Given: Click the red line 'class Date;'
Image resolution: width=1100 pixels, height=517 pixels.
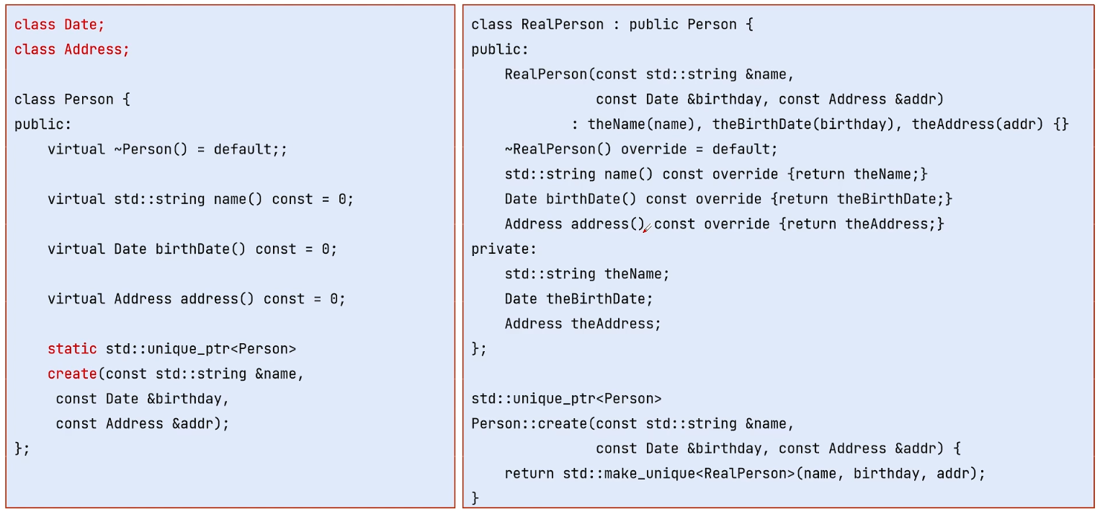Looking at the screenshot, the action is [59, 25].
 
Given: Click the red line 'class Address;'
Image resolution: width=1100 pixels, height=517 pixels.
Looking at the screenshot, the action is [72, 50].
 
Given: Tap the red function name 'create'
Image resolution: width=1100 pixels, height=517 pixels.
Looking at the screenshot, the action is [72, 374].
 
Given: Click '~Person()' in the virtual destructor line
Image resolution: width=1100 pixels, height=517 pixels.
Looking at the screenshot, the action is [151, 149].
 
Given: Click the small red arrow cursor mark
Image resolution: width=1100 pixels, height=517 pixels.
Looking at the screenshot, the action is [647, 229].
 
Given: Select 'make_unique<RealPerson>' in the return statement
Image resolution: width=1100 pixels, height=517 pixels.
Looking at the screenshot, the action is [699, 474].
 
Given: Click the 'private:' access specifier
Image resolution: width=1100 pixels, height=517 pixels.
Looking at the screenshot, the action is [504, 249].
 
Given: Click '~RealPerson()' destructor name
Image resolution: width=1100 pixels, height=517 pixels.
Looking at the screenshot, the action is [558, 149].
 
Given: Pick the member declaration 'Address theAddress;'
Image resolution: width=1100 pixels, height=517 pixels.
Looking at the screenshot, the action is [583, 324].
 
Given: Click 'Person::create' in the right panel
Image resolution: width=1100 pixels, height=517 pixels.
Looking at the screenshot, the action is [529, 424].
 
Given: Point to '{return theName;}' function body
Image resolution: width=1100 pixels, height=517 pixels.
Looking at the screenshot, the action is [857, 174].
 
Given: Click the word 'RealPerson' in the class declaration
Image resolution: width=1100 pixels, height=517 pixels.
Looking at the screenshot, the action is [563, 25].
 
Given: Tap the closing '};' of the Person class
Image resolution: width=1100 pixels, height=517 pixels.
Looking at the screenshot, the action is [22, 448].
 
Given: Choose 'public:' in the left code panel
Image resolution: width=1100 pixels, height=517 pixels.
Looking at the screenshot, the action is [43, 124].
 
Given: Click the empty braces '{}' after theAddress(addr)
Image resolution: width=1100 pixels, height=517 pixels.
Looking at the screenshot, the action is [1061, 124].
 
